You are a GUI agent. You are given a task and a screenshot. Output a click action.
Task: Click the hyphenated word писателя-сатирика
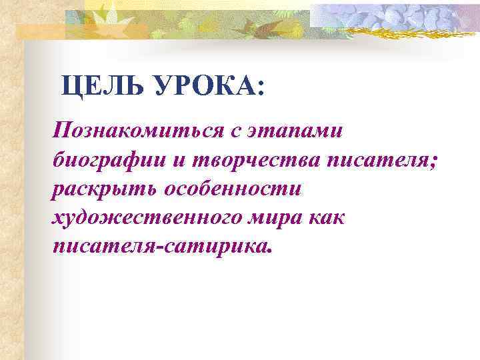[161, 247]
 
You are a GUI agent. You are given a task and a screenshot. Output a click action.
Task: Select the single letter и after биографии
[178, 160]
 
